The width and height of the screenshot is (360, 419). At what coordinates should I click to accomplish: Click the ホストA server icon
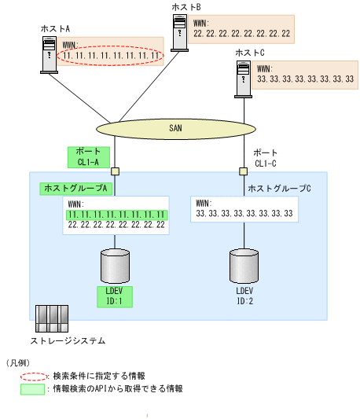(50, 55)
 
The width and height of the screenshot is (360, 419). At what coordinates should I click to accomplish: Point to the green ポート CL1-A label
(87, 156)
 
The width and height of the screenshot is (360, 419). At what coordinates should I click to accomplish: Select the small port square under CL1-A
(115, 171)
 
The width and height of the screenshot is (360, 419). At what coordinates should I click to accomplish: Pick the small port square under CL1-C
(242, 171)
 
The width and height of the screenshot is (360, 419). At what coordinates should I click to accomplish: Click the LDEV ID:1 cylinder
(115, 265)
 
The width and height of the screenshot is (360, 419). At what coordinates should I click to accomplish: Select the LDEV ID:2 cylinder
(242, 265)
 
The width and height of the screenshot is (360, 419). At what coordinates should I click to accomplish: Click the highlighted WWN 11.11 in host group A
(116, 214)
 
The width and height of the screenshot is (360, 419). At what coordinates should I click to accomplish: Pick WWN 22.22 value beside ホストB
(241, 34)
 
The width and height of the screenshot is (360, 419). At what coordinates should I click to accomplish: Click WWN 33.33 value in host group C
(244, 214)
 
